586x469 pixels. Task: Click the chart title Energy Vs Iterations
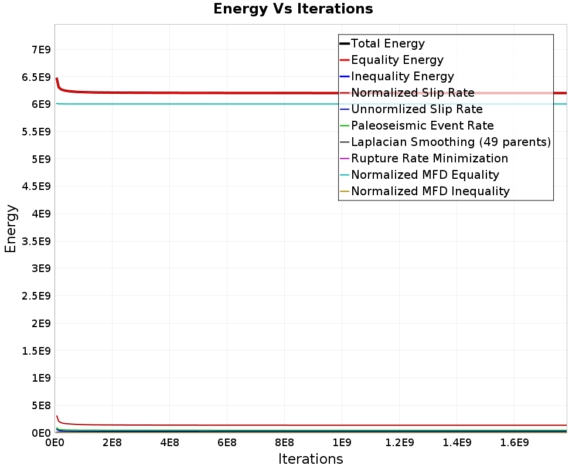coord(293,9)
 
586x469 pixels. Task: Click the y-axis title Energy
coord(11,229)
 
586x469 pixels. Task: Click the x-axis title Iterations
coord(311,458)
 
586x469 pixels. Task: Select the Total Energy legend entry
coord(387,43)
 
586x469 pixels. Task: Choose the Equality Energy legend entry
coord(397,60)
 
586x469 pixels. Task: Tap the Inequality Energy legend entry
coord(402,76)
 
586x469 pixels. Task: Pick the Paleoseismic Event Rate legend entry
coord(422,125)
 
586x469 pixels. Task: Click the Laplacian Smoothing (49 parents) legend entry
coord(451,142)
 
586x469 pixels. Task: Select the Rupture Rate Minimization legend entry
coord(429,158)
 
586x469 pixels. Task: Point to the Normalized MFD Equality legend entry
coord(425,175)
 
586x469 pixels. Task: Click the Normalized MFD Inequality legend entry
coord(430,191)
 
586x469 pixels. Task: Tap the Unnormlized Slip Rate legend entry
coord(417,109)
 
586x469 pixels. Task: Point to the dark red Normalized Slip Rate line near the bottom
coord(234,425)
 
